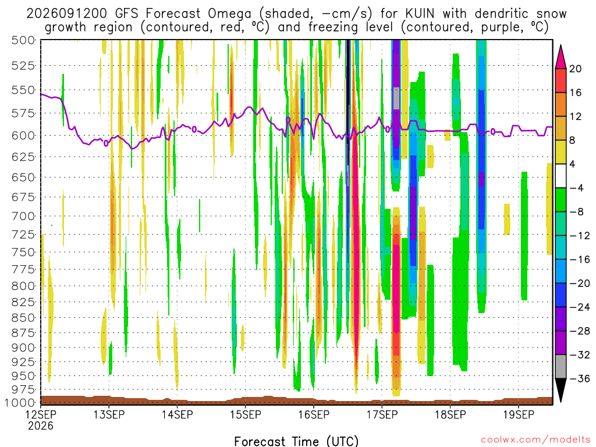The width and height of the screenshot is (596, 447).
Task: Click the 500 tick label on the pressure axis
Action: pyautogui.click(x=23, y=40)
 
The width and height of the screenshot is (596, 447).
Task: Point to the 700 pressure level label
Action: pyautogui.click(x=23, y=217)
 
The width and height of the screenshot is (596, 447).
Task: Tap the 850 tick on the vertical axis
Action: pyautogui.click(x=23, y=318)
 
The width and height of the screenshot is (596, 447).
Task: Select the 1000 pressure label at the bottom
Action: pyautogui.click(x=20, y=403)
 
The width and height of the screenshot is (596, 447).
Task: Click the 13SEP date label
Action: pyautogui.click(x=109, y=414)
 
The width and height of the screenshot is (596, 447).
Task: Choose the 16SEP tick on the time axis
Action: pyautogui.click(x=314, y=414)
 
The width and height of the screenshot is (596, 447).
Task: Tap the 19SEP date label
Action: pyautogui.click(x=519, y=414)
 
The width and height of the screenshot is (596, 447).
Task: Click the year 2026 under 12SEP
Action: pyautogui.click(x=41, y=425)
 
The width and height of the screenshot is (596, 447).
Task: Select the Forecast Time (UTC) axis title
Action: pyautogui.click(x=296, y=441)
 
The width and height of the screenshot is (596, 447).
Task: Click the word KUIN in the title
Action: pyautogui.click(x=420, y=14)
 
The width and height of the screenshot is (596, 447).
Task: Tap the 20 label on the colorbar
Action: pyautogui.click(x=576, y=69)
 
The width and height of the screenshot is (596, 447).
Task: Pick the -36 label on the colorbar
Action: pyautogui.click(x=579, y=378)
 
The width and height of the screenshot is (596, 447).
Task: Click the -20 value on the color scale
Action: pyautogui.click(x=579, y=283)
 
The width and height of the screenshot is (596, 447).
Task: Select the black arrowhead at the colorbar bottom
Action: pyautogui.click(x=560, y=389)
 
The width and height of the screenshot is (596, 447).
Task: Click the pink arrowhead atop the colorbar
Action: pyautogui.click(x=560, y=58)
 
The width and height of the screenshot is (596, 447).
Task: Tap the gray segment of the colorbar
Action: pyautogui.click(x=560, y=367)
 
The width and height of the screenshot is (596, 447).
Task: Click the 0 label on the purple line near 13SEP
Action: pyautogui.click(x=106, y=143)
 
